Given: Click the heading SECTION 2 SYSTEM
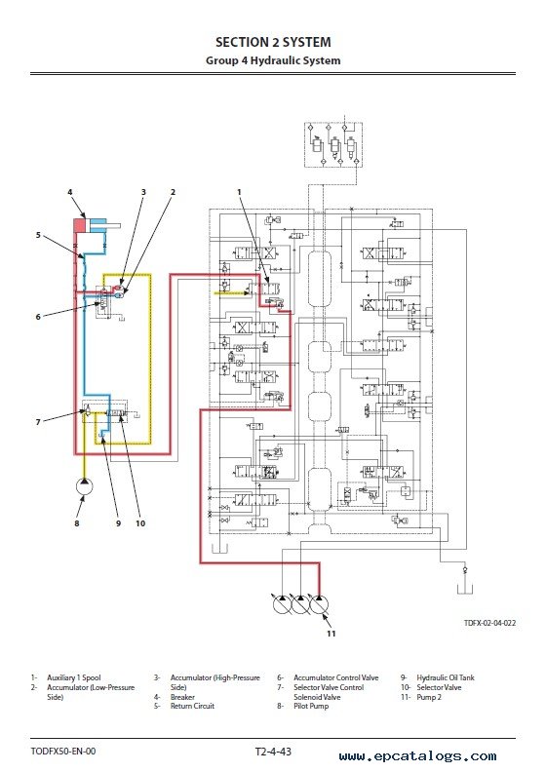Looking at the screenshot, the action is (x=273, y=42).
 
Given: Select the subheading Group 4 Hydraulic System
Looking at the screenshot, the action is (x=273, y=60).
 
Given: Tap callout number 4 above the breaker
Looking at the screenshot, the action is (x=70, y=192).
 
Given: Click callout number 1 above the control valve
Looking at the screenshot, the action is (x=239, y=192).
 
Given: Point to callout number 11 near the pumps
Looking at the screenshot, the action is (x=331, y=634).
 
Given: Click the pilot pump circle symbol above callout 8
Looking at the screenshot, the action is (x=84, y=487).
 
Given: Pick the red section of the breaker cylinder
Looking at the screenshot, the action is (x=79, y=225).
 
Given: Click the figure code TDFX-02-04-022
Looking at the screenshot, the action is (x=489, y=623).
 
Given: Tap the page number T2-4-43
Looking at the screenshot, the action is (x=273, y=752).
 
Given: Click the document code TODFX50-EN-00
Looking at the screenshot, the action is (x=63, y=752).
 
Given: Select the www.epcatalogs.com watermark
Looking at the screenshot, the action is (x=417, y=756).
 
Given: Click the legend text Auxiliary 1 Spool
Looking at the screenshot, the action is (x=73, y=677).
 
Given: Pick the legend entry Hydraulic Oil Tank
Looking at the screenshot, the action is (x=445, y=677).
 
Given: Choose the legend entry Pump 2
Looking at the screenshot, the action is (x=429, y=697).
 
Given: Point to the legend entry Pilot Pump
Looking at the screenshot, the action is (x=311, y=706).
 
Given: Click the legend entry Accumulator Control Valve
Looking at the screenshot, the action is (x=335, y=677).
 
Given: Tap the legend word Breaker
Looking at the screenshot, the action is (x=182, y=697).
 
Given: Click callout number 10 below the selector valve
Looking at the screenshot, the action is (x=140, y=523).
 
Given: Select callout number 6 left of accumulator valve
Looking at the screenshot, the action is (x=38, y=317).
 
